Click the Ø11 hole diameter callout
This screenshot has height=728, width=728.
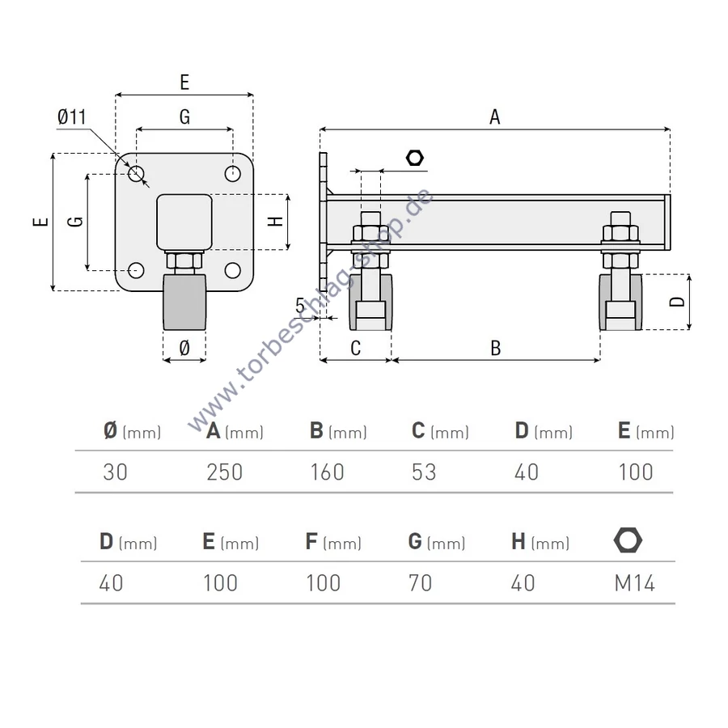pos(71,118)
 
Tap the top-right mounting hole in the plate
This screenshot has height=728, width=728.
pos(233,174)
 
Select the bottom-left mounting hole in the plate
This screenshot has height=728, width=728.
pos(137,270)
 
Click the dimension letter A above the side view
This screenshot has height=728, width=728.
pos(495,117)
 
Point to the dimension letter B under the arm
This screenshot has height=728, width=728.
pos(496,348)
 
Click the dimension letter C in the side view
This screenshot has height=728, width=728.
pos(355,348)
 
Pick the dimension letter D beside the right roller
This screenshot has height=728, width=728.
pos(678,302)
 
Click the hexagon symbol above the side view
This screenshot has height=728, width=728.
pos(415,157)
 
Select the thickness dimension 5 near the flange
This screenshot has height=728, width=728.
pos(300,306)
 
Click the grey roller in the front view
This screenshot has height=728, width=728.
pos(185,303)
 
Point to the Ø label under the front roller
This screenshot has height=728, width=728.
pos(184,348)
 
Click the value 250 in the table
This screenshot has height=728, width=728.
pos(224,472)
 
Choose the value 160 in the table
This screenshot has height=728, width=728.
pos(327,472)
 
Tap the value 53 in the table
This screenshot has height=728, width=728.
pos(424,472)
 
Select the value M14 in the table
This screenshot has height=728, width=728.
pos(634,582)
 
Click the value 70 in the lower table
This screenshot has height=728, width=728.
pos(421,582)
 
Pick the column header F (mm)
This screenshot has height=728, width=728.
pos(332,542)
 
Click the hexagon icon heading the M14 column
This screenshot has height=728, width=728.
pos(628,540)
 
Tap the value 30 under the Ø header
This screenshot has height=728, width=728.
pos(116,472)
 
